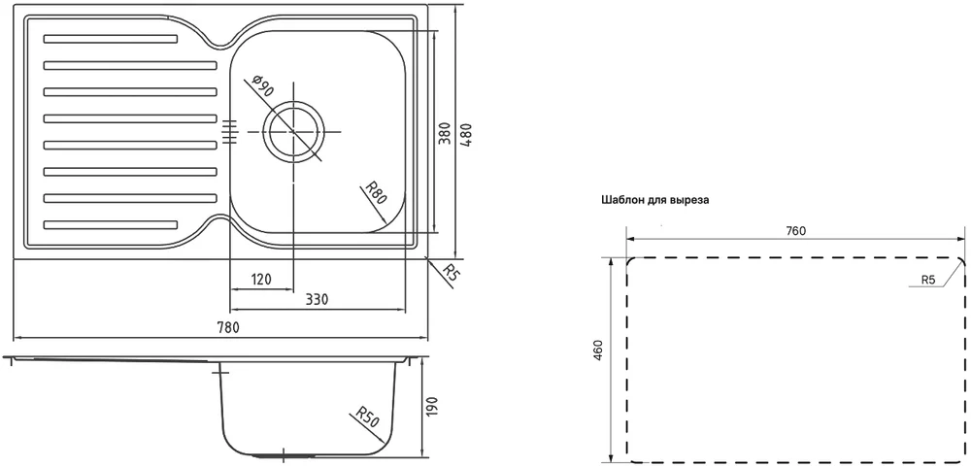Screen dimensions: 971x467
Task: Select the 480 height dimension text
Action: (468, 134)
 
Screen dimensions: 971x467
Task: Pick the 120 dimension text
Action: (261, 280)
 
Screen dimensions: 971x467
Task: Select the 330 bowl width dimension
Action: (317, 300)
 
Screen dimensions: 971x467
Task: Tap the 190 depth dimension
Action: (433, 407)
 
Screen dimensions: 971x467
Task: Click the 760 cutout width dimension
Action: (796, 231)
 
